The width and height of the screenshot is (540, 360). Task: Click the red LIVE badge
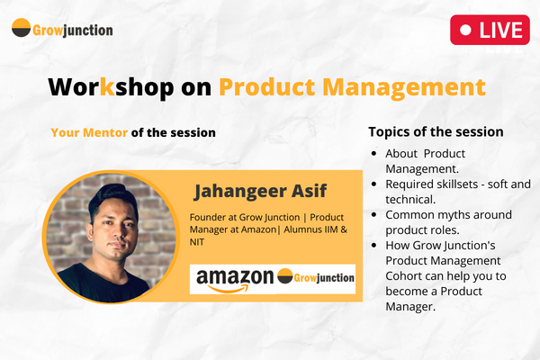click(489, 30)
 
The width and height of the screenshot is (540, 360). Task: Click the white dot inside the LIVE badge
click(466, 30)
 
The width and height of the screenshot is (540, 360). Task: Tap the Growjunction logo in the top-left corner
click(62, 30)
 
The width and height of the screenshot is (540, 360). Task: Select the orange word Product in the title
click(269, 87)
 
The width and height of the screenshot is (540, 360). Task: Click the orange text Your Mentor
click(89, 132)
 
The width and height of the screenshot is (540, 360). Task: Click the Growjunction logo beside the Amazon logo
click(315, 276)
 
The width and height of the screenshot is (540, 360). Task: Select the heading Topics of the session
click(436, 131)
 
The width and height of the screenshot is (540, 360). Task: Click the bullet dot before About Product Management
click(374, 153)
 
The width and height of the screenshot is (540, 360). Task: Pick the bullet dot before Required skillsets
click(374, 184)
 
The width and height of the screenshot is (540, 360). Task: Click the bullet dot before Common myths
click(374, 215)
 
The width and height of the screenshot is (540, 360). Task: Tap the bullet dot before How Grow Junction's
click(374, 246)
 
